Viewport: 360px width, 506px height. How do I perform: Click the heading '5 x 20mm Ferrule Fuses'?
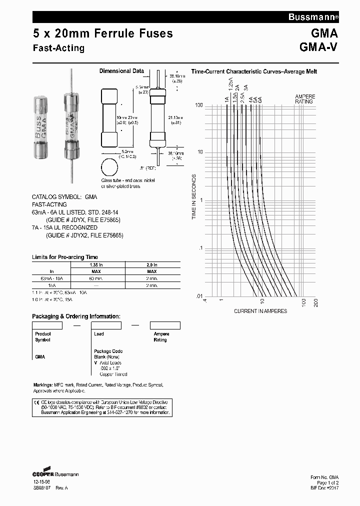102,33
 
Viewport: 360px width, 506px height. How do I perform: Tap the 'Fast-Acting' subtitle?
58,48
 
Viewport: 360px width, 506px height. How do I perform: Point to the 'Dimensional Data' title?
121,71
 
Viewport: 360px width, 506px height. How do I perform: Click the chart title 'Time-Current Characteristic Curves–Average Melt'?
254,71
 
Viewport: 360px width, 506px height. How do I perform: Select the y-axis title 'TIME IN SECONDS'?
194,197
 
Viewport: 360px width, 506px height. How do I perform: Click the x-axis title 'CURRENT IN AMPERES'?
260,311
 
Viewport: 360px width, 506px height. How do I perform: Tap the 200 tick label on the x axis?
315,302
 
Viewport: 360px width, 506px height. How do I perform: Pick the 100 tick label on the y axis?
198,105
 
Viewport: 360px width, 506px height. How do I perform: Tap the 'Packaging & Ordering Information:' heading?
76,316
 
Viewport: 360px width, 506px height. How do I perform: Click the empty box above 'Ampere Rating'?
165,325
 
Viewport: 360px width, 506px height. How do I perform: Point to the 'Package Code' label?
108,351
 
